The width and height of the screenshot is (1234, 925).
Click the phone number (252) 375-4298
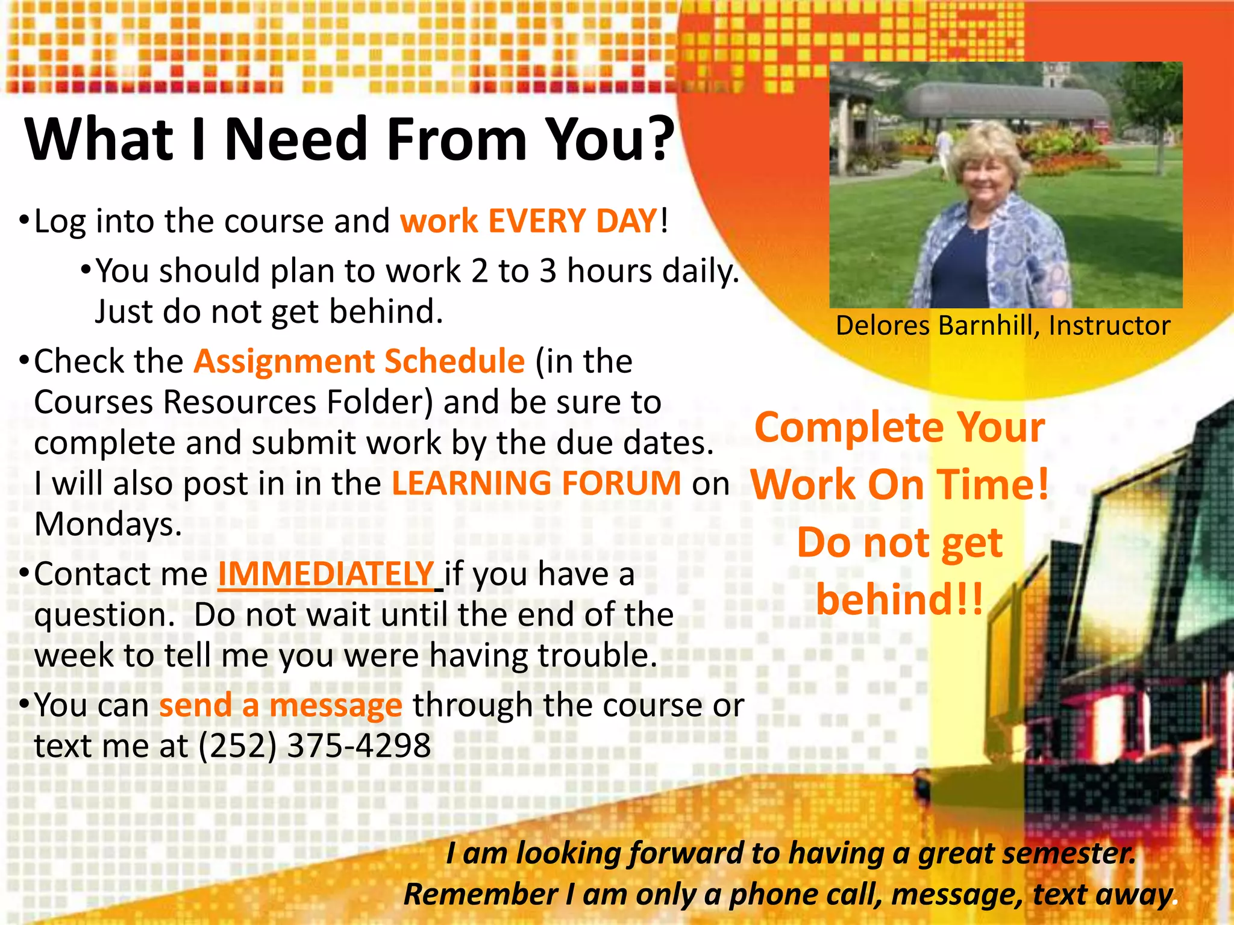coord(315,746)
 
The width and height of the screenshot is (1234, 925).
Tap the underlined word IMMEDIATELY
coord(326,574)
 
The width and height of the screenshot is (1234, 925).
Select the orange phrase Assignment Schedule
coord(360,361)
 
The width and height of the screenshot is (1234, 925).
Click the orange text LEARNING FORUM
coord(536,484)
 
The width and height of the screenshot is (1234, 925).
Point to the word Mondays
coord(108,525)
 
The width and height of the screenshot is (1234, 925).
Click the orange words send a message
coord(280,705)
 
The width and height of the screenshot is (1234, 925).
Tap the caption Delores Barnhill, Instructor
coord(1003,326)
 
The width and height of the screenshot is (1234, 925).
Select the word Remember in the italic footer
coord(480,895)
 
